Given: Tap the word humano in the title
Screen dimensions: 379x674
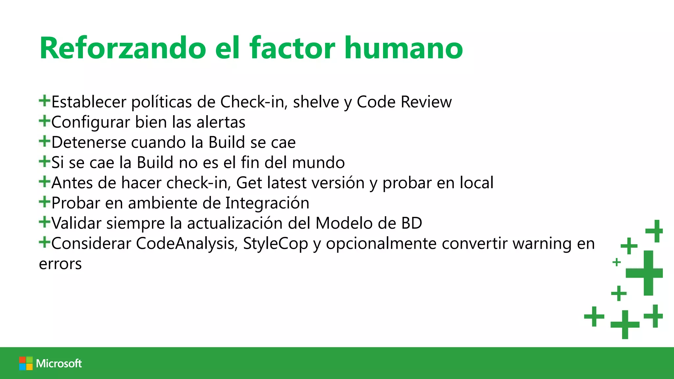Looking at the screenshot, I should point(403,48).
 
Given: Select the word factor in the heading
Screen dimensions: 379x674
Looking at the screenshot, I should point(292,48).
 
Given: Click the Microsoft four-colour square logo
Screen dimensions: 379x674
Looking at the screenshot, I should point(26,363).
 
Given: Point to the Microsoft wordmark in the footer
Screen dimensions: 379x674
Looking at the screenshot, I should point(59,363).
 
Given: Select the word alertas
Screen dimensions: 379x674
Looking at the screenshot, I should point(221,122).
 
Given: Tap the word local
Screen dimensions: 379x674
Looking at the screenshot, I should point(477,183).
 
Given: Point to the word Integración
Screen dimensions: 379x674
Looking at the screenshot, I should point(267,203).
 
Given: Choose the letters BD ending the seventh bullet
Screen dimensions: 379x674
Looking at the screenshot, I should point(412,223).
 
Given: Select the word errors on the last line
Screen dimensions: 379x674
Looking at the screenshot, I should point(60,264).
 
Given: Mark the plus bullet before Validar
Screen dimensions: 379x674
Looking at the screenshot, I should point(44,222).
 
